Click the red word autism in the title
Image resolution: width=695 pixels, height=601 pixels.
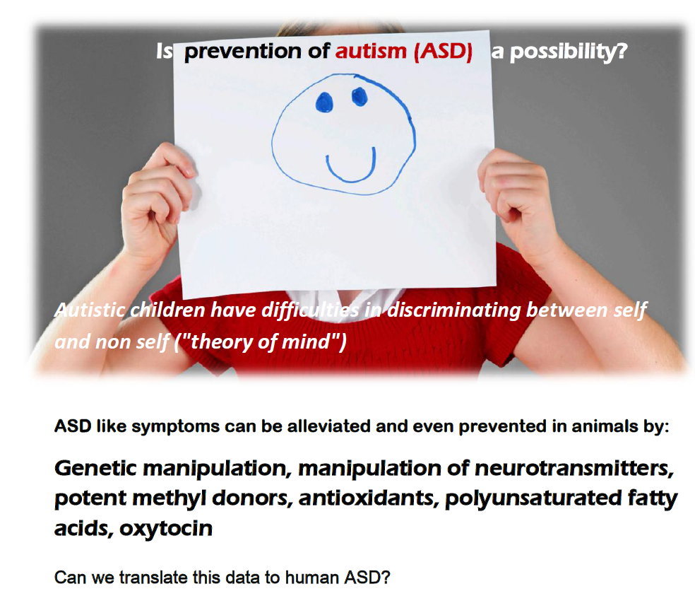coord(371,52)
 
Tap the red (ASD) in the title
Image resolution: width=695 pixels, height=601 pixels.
coord(443,52)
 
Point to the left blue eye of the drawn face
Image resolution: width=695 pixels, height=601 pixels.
coord(323,103)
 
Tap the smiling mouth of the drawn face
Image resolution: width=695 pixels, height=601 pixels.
coord(351,167)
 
